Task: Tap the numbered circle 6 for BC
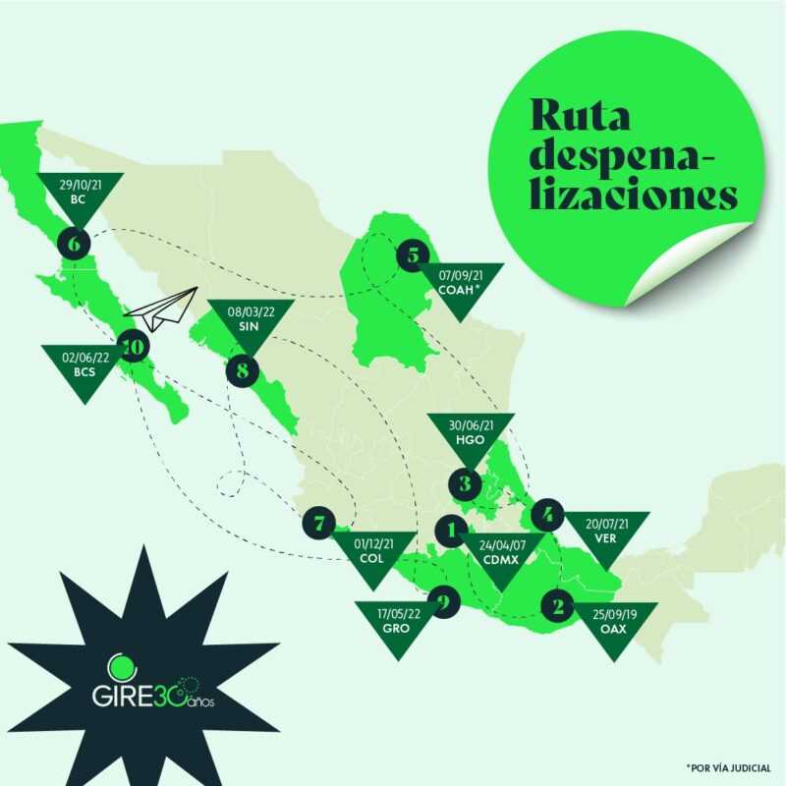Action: pos(75,241)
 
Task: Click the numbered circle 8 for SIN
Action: pos(243,370)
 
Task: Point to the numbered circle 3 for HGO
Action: pos(464,483)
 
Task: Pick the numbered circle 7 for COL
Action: pos(319,523)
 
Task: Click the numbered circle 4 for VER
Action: pos(547,513)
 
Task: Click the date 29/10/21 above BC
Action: pos(79,184)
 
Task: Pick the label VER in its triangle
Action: pos(605,538)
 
